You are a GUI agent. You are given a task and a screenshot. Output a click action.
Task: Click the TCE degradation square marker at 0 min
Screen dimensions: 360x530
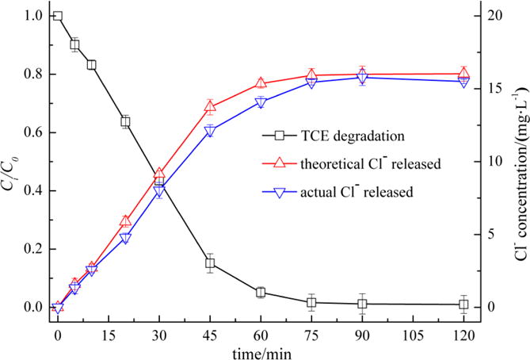pos(57,16)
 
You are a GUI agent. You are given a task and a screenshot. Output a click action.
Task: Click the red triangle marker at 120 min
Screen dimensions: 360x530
pos(464,74)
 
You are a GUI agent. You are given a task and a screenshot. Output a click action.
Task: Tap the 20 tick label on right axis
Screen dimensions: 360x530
pos(494,16)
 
